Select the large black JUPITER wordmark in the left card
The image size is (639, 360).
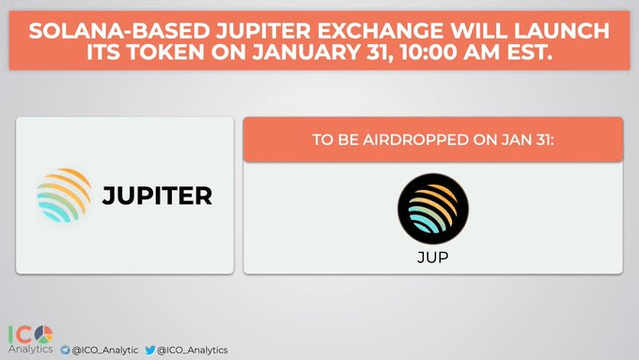point(157,196)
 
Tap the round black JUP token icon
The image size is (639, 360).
point(432,209)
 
